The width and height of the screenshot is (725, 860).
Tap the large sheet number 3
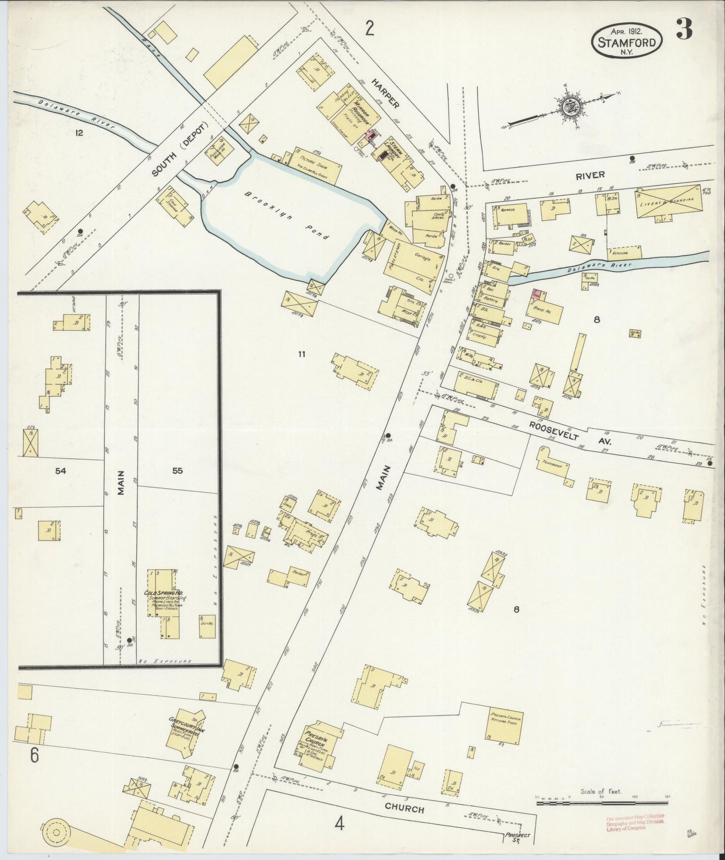click(x=684, y=29)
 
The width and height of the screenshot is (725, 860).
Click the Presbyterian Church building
click(x=316, y=748)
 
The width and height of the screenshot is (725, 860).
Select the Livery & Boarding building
click(x=668, y=201)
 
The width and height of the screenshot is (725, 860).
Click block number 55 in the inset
click(x=177, y=471)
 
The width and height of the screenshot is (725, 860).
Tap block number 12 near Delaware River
click(x=78, y=133)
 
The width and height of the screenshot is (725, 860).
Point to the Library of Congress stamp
click(x=634, y=822)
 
